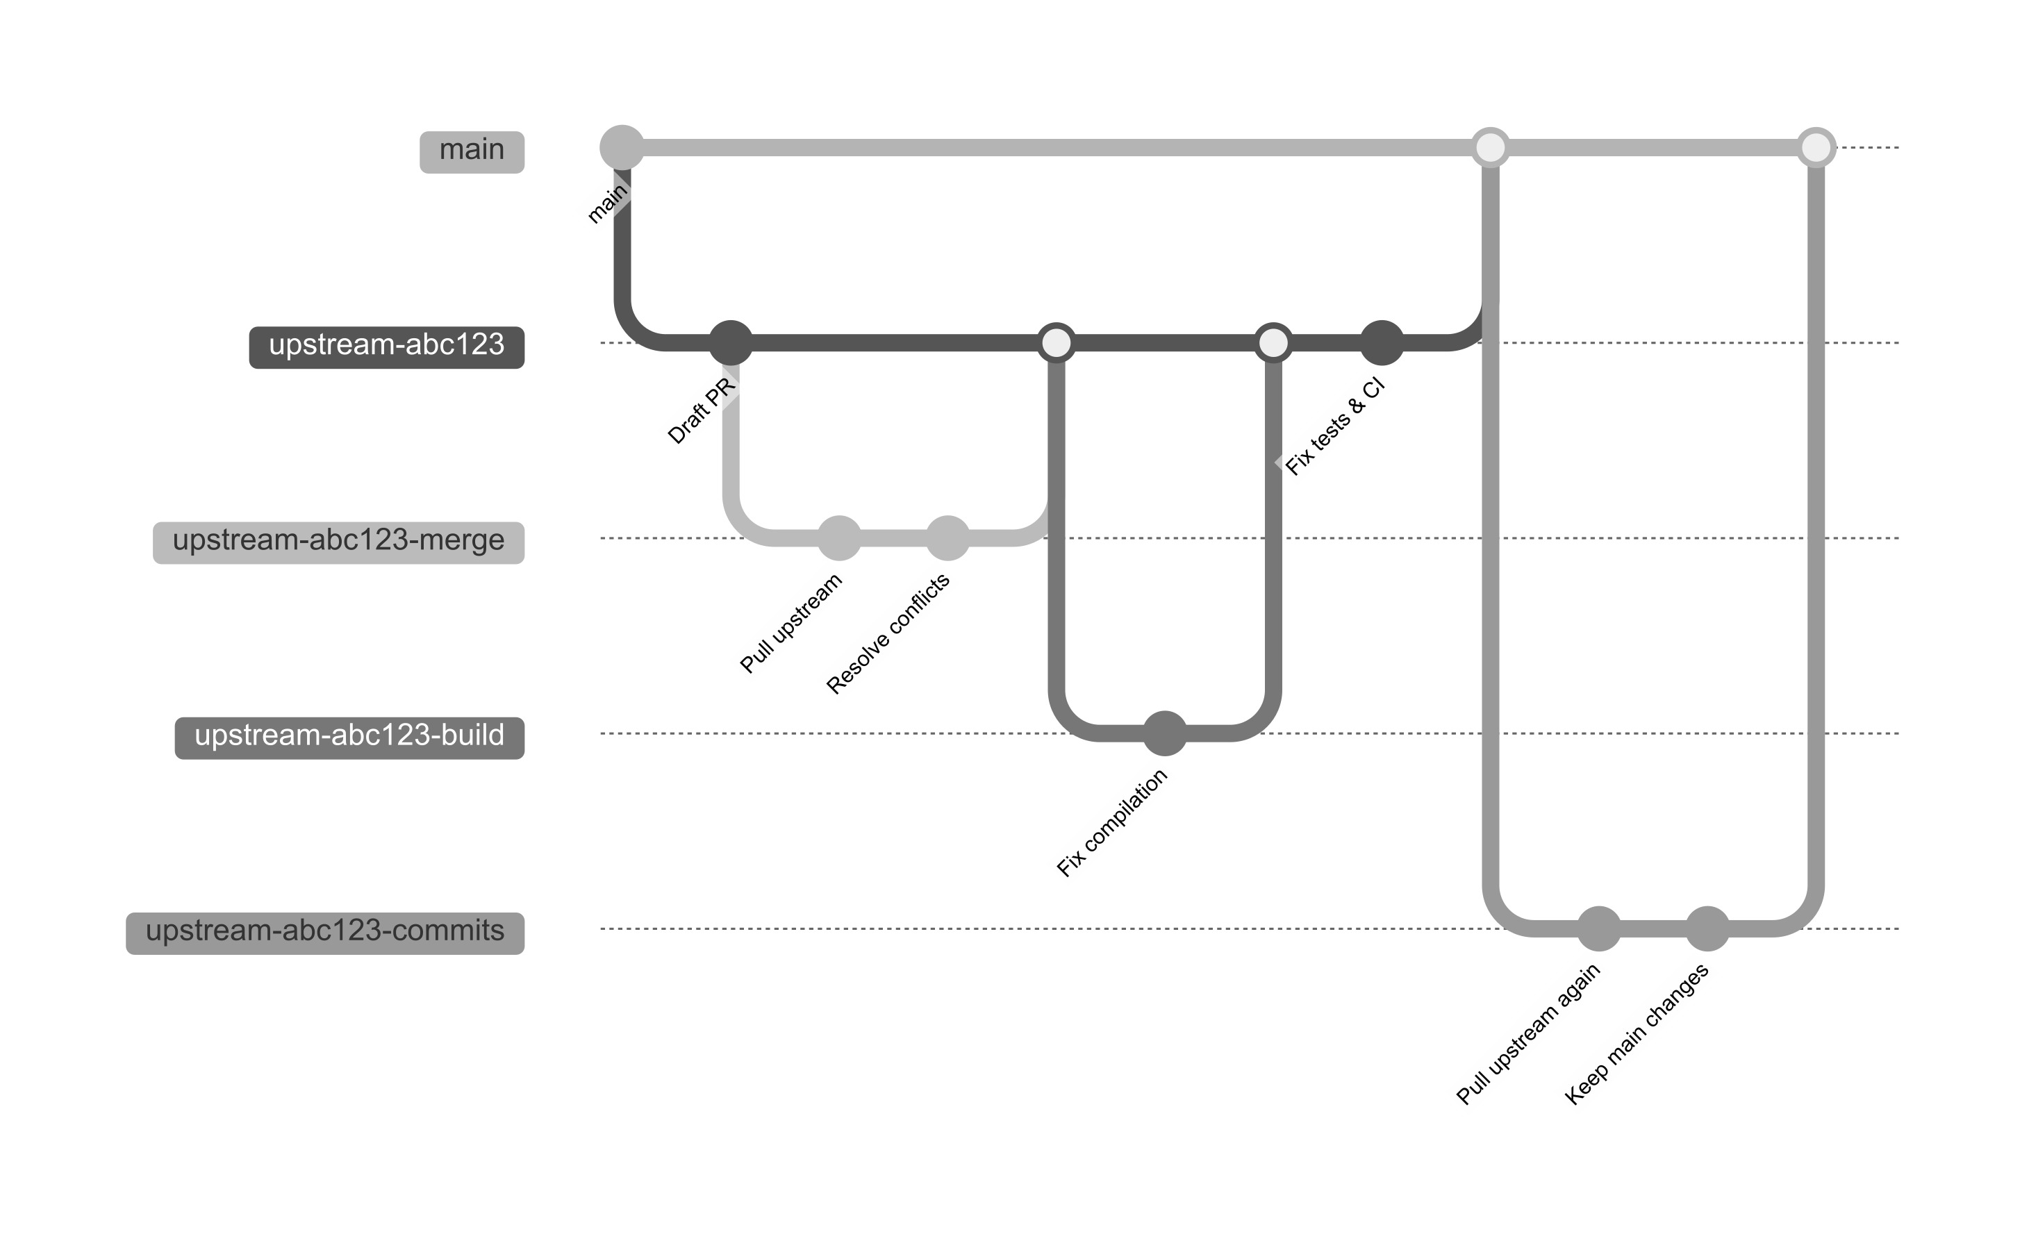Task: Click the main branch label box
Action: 472,151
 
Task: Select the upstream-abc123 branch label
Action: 386,347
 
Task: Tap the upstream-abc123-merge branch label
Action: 338,542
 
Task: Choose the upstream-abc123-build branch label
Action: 349,737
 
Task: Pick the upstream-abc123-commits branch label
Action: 324,932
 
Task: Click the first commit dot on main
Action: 622,147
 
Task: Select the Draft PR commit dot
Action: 731,342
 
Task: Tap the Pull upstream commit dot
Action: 839,538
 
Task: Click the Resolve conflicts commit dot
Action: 947,538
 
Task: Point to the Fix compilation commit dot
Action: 1164,733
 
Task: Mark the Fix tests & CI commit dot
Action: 1382,342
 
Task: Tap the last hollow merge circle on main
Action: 1816,147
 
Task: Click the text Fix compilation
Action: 1111,823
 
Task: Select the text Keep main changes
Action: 1637,1033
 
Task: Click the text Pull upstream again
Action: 1527,1033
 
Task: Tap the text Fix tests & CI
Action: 1335,426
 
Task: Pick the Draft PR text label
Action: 701,410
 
